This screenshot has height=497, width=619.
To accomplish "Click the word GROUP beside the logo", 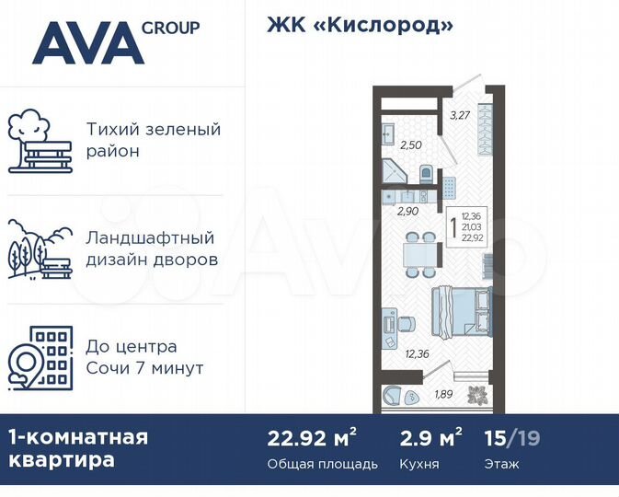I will point(171,28).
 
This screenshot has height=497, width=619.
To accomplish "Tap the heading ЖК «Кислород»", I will point(360,25).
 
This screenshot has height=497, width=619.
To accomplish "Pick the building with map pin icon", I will point(38,358).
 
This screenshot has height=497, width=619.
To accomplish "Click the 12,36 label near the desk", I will point(417,353).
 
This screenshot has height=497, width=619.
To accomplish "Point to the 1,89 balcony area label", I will point(443,394).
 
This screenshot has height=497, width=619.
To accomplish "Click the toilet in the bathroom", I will point(426,173).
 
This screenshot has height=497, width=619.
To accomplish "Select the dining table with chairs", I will point(422,250).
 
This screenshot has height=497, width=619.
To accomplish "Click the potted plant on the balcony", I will point(477,395).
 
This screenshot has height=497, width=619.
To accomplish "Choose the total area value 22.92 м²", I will point(312,437).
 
